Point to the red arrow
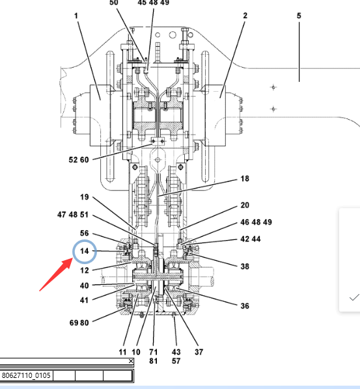tap(56, 275)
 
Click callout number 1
tap(76, 16)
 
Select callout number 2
tap(245, 16)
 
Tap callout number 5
tap(299, 16)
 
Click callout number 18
tap(245, 179)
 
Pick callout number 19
tap(85, 197)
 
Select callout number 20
tap(245, 205)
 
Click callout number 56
tap(85, 233)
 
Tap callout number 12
tap(85, 270)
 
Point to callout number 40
tap(85, 286)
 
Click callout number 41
tap(84, 300)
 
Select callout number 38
tap(245, 267)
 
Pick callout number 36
tap(245, 306)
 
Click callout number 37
tap(199, 352)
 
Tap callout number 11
tap(122, 352)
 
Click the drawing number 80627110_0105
tap(26, 375)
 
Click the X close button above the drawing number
tap(131, 361)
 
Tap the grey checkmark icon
tap(354, 297)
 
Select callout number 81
tap(154, 361)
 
